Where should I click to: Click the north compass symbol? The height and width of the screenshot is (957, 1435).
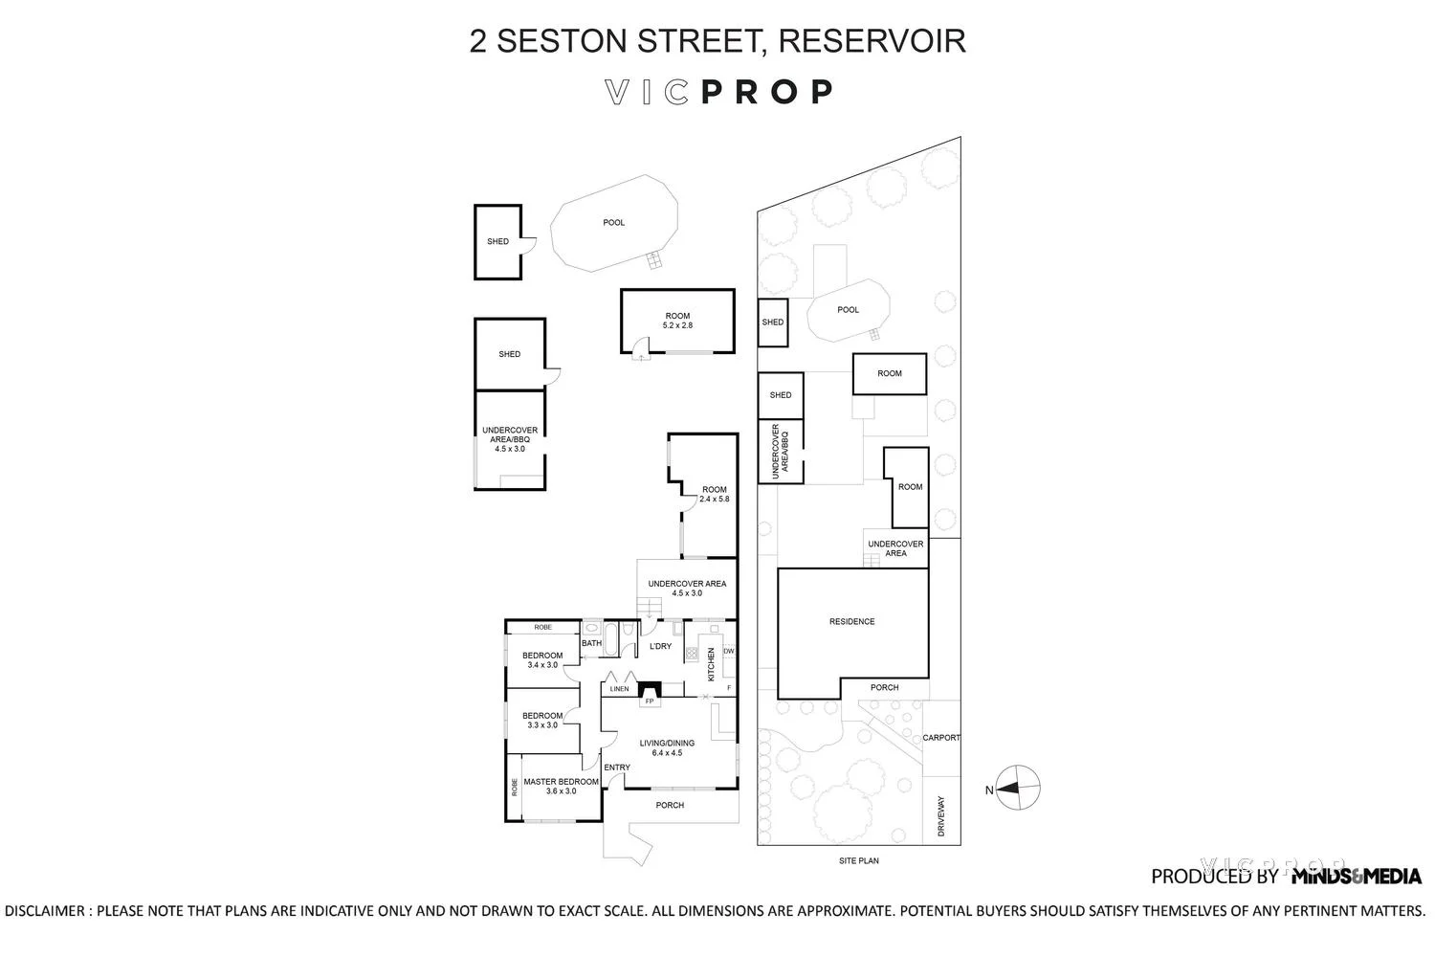coord(1018,790)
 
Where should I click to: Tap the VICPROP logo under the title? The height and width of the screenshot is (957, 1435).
coord(718,92)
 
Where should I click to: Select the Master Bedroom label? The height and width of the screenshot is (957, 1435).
coord(562,786)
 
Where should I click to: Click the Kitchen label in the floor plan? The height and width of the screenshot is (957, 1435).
coord(711,664)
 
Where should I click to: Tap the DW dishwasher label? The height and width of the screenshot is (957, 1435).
coord(728,652)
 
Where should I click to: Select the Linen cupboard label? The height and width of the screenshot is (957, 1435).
coord(619,689)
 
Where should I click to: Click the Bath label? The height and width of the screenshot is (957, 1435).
coord(592,643)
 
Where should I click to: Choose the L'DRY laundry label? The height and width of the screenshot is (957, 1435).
coord(660,646)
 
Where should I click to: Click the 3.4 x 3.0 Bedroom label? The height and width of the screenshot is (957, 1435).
coord(542,660)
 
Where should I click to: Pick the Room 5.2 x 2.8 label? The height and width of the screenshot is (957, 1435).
coord(677,321)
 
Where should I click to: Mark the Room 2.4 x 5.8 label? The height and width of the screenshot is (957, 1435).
coord(715,494)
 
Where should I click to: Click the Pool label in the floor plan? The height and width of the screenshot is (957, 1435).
coord(613,223)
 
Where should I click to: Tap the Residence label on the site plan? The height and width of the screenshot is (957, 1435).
coord(851,622)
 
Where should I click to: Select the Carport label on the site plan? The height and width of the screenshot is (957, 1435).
coord(941,738)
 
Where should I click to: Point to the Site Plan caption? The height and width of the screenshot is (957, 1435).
coord(858,861)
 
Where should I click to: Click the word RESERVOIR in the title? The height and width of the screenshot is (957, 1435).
coord(872,41)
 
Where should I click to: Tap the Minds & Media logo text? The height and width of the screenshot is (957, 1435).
coord(1356,876)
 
